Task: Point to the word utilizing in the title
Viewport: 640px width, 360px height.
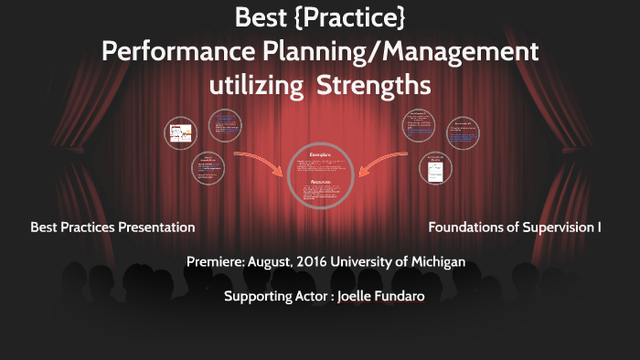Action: click(x=256, y=86)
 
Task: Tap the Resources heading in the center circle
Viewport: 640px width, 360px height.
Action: click(x=320, y=182)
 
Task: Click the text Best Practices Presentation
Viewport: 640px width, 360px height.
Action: click(x=112, y=227)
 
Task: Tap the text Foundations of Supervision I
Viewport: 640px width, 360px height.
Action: click(x=515, y=227)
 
